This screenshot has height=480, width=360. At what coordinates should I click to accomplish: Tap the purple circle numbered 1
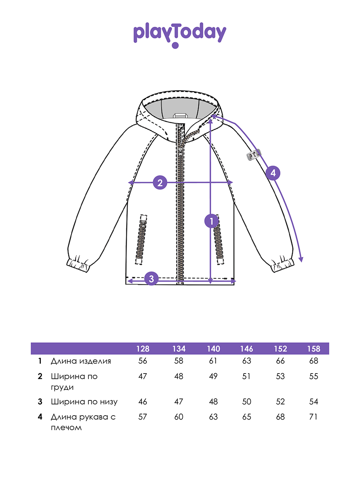pos(211,221)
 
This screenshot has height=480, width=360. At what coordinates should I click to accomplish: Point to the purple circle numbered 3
pos(151,278)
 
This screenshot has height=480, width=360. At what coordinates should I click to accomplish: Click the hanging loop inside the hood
pos(180,116)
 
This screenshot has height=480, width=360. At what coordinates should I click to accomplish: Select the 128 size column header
pos(143,349)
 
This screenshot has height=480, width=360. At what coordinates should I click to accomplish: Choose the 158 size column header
pos(314,349)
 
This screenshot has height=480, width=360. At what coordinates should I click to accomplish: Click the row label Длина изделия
pos(81,361)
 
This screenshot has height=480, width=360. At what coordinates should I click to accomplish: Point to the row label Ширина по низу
pos(84,402)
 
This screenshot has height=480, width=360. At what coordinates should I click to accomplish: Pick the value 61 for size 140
pos(213,361)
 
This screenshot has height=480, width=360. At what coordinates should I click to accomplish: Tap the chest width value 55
pos(314,376)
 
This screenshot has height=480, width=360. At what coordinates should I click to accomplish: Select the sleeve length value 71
pos(314,417)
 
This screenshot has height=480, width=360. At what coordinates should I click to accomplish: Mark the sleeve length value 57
pos(143,417)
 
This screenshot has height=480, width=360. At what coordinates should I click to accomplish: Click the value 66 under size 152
pos(280,361)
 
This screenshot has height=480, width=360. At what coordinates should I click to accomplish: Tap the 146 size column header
pos(247,349)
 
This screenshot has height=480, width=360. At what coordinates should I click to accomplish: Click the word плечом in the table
pos(66,428)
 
